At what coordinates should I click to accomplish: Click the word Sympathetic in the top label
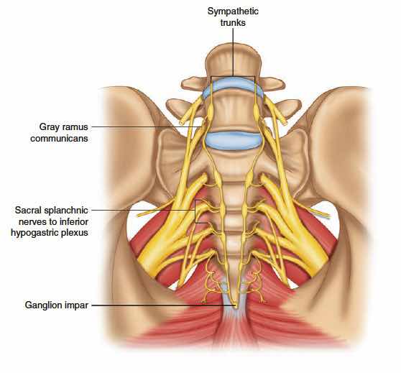233,11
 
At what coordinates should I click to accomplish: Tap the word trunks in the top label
233,23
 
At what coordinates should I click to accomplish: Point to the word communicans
60,139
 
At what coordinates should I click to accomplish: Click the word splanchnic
66,211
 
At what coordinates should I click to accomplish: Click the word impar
76,305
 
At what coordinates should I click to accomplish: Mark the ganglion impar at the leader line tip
235,305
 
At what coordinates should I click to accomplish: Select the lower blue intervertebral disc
233,139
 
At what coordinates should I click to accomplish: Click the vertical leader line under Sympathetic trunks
233,52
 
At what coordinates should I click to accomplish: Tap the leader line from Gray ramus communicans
147,126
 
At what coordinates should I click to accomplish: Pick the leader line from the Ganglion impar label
163,305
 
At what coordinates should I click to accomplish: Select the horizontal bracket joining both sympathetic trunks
233,76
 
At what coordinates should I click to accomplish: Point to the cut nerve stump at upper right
285,122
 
